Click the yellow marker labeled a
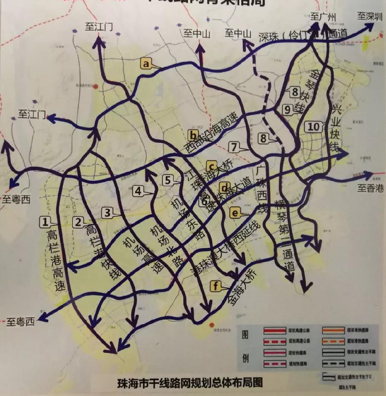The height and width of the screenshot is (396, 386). [146, 63]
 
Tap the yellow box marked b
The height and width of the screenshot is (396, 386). [193, 135]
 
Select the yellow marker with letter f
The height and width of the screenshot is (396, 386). [216, 286]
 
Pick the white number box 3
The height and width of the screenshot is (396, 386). [108, 212]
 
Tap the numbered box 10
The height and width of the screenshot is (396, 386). [314, 126]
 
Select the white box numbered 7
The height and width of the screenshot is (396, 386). [234, 147]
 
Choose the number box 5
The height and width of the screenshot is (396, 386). [167, 179]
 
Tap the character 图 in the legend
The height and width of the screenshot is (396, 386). [246, 333]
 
